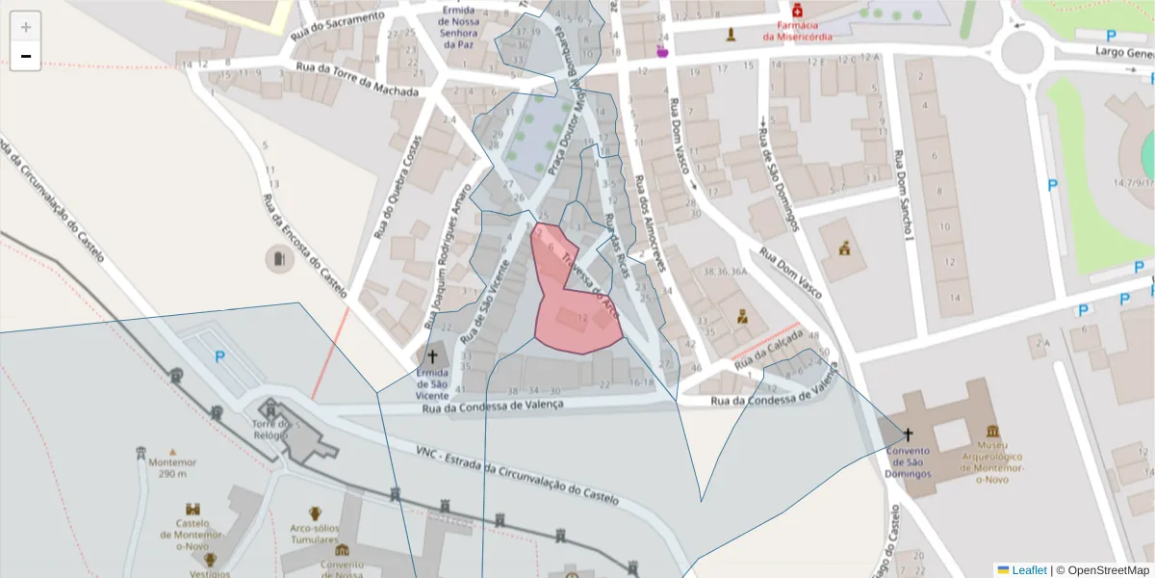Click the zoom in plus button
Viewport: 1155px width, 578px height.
pyautogui.click(x=26, y=27)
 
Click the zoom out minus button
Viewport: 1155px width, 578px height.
pyautogui.click(x=26, y=56)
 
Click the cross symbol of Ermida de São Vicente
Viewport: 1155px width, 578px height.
pyautogui.click(x=432, y=356)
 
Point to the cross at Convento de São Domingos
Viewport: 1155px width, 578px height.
pyautogui.click(x=908, y=434)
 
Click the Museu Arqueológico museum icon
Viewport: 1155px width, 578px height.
pyautogui.click(x=992, y=432)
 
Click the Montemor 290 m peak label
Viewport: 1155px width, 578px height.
pyautogui.click(x=172, y=467)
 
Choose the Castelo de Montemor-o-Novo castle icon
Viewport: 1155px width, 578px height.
pyautogui.click(x=192, y=508)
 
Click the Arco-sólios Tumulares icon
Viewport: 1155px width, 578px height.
pyautogui.click(x=315, y=512)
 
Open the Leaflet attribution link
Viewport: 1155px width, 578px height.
pyautogui.click(x=1028, y=570)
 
